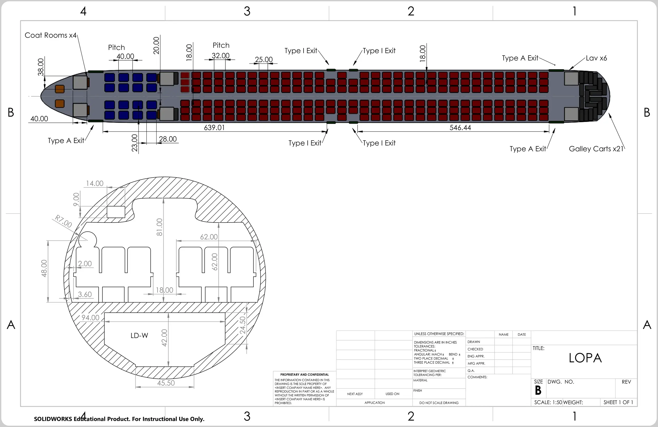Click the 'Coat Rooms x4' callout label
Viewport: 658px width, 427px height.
(x=51, y=35)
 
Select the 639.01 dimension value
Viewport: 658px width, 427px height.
(x=214, y=128)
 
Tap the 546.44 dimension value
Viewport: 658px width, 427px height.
(x=460, y=128)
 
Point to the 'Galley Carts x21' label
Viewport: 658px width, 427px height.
(x=596, y=149)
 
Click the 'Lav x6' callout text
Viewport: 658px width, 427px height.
(x=596, y=58)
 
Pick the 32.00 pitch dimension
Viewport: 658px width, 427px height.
(x=221, y=56)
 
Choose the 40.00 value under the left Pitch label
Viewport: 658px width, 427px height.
(x=125, y=56)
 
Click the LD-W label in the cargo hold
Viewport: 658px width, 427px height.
(x=139, y=336)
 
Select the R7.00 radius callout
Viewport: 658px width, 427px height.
(x=63, y=221)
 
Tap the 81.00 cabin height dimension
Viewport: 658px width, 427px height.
(x=160, y=227)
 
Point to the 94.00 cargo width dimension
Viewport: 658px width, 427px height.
(x=90, y=318)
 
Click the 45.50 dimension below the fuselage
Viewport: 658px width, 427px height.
(x=166, y=383)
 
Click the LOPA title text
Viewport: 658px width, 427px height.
(x=585, y=358)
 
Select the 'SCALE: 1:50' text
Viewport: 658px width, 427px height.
(x=548, y=402)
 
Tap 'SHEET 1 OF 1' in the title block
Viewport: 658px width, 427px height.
(x=618, y=402)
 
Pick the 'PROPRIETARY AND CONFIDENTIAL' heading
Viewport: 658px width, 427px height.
(x=304, y=375)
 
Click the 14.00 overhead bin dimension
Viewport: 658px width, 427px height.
(x=95, y=183)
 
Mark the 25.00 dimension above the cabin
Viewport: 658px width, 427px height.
(x=264, y=59)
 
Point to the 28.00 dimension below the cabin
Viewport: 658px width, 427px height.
(x=168, y=139)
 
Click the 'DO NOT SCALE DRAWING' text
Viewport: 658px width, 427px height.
(x=439, y=403)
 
